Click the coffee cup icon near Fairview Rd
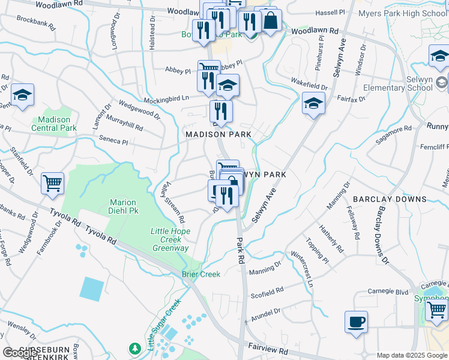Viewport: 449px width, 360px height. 356,321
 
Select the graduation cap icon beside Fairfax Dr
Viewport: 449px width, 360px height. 313,103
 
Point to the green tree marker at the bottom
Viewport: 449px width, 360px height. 136,348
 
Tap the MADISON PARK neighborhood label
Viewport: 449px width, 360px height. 218,134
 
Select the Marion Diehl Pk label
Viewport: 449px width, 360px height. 122,206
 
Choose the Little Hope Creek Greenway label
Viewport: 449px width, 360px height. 170,239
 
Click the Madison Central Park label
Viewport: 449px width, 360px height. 54,124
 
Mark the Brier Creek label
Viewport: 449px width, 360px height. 201,274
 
